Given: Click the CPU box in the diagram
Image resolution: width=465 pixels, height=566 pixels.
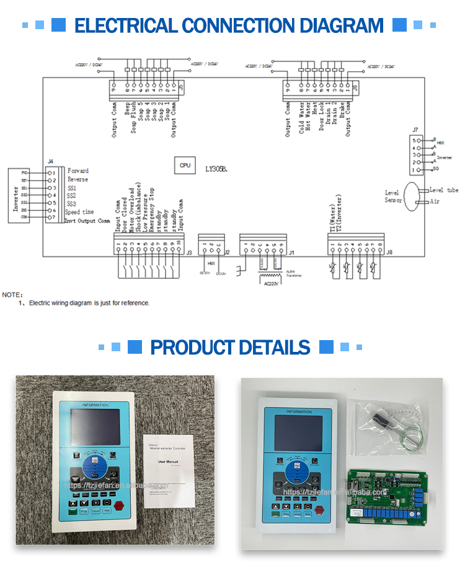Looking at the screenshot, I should [185, 166].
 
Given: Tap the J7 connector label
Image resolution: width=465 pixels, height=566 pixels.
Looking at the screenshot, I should [415, 130].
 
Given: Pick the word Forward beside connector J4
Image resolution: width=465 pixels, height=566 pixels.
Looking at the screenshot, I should [77, 171].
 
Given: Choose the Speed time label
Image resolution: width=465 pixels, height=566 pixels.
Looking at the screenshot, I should [79, 212].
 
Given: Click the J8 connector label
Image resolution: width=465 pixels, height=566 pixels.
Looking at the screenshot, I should [389, 253].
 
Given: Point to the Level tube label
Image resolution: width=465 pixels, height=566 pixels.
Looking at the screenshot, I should [444, 190].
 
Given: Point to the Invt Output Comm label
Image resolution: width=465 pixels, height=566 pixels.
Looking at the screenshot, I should [87, 220].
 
